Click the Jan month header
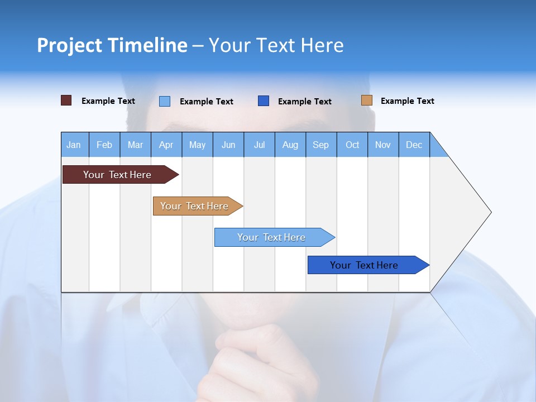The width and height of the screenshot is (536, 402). tap(74, 145)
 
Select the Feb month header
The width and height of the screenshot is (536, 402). tap(104, 145)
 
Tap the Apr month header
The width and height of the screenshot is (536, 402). tap(166, 145)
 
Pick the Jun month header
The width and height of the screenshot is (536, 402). tap(228, 145)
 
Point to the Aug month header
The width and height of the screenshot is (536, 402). tap(290, 145)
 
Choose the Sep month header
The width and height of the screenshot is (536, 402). tap(320, 145)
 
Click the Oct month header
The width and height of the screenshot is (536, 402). tap(352, 145)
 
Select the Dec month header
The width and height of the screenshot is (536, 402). tap(414, 145)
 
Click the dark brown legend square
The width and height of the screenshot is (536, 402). tap(66, 100)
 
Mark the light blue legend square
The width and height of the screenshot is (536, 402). tap(165, 101)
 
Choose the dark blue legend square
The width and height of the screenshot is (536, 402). tap(264, 101)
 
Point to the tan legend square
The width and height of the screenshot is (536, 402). tap(366, 100)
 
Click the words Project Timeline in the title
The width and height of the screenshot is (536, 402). tap(112, 45)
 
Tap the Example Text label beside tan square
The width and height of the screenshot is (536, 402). tap(407, 101)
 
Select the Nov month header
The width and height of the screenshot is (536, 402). tap(383, 145)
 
